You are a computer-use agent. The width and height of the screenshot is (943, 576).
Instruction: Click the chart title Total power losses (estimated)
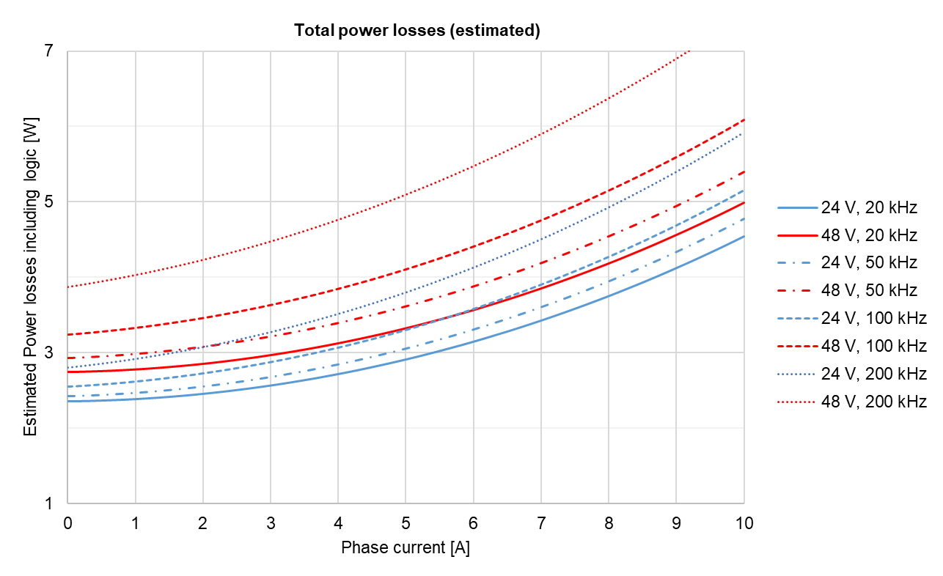click(417, 31)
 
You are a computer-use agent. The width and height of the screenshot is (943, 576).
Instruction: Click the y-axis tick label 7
click(49, 51)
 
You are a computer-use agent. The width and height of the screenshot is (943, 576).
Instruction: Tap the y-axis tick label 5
click(49, 202)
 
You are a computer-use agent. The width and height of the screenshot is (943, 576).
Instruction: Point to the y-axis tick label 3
click(49, 352)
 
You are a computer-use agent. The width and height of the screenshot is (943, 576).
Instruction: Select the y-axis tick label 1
click(49, 503)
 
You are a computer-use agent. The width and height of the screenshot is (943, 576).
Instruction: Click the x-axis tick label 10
click(744, 523)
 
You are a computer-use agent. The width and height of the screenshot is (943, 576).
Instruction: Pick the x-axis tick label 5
click(406, 523)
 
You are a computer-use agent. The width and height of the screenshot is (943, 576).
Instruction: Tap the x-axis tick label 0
click(67, 523)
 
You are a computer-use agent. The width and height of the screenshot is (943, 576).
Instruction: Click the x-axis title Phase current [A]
click(406, 548)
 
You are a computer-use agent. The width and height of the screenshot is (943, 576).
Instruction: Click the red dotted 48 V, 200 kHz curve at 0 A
click(68, 287)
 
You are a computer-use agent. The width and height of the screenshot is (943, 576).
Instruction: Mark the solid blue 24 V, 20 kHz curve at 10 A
click(744, 236)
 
